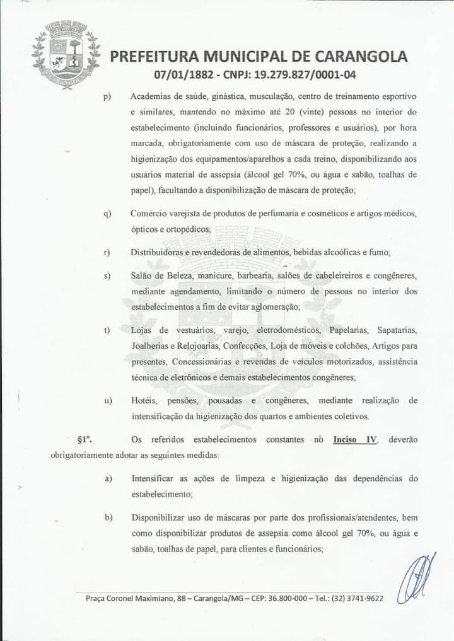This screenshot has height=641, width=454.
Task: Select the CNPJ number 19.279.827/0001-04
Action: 305,75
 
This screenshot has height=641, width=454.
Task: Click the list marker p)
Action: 107,96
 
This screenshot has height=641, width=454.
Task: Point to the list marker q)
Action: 107,214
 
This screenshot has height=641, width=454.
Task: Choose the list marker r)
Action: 107,252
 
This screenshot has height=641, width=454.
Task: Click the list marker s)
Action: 107,275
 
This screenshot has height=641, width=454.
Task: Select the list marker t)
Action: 107,330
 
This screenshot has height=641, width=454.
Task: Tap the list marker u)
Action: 108,400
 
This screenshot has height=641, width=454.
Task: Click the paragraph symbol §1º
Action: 84,439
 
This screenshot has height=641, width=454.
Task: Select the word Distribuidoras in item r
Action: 157,252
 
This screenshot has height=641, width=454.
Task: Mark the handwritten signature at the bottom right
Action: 419,579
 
